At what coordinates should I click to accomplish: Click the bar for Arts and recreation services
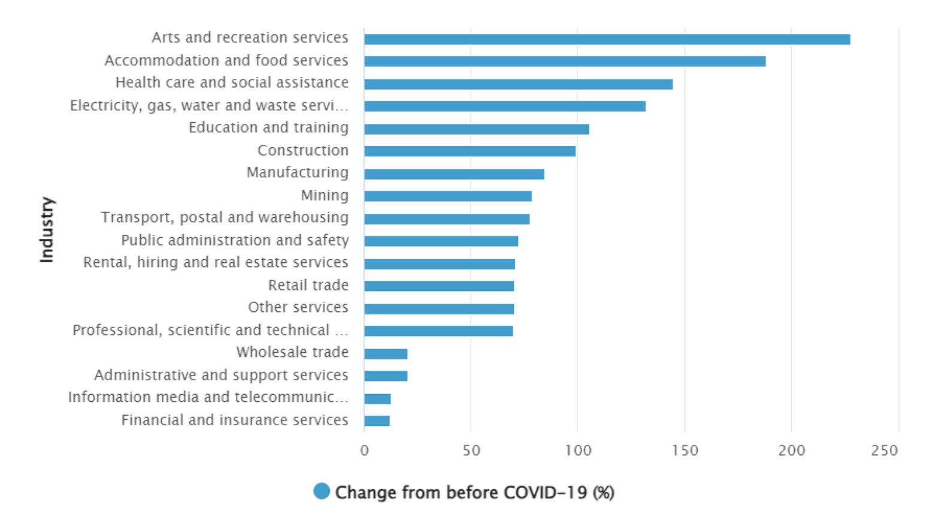607,40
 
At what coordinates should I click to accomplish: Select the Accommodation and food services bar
564,61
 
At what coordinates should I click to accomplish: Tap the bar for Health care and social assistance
518,84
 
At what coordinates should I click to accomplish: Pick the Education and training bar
476,129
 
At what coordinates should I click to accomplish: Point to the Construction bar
470,151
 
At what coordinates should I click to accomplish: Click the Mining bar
447,196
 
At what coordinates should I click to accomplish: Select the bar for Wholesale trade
386,354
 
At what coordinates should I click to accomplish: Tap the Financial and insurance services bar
377,420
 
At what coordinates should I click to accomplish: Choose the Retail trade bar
438,286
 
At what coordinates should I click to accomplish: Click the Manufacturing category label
297,172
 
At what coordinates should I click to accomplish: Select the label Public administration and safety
235,240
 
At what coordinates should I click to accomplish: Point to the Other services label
298,307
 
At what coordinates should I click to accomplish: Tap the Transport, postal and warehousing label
225,217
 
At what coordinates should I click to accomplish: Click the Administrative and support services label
221,375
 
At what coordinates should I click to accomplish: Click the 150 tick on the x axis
685,450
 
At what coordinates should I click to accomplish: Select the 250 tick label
885,450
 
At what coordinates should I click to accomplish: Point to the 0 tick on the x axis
364,450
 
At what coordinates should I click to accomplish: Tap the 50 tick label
471,450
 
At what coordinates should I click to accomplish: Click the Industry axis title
47,229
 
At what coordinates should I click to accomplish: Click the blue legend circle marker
322,492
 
